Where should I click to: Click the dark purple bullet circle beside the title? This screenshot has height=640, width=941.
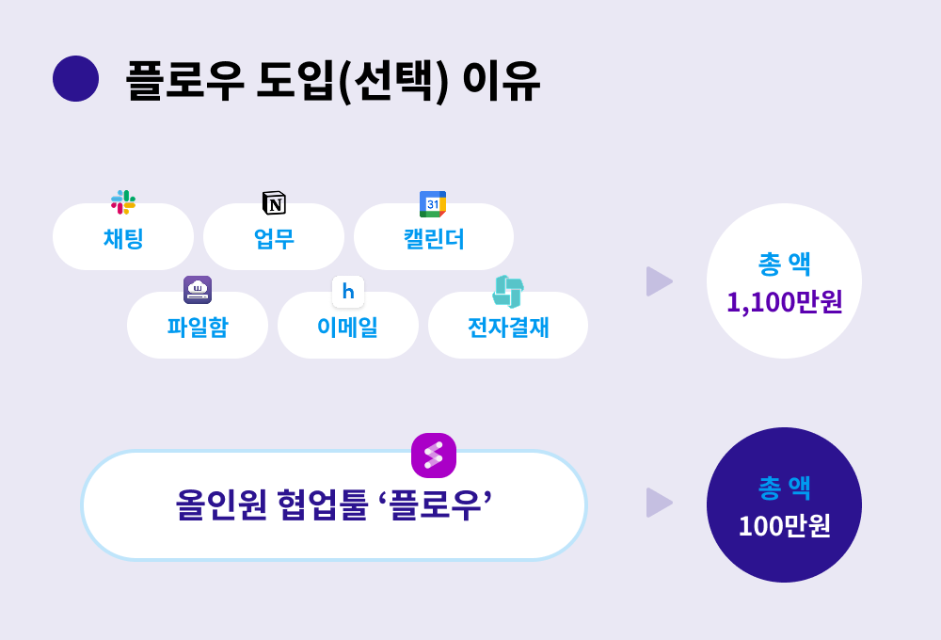(x=75, y=79)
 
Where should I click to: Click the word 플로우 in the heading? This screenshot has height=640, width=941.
(x=184, y=80)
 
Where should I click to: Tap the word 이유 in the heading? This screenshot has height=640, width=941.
(x=502, y=80)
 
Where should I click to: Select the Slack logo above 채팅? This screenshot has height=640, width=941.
(x=123, y=202)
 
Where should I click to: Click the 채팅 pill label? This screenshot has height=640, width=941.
(x=123, y=238)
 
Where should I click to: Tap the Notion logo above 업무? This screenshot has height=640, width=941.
(x=274, y=203)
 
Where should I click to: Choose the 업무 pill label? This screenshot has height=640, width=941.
(x=274, y=238)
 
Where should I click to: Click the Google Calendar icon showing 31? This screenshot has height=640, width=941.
(x=433, y=204)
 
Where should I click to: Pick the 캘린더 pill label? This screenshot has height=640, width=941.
(x=434, y=238)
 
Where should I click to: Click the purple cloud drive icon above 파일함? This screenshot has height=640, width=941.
(x=198, y=290)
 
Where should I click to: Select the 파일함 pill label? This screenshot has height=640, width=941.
(x=198, y=328)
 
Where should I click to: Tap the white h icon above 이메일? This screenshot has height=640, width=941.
(x=348, y=292)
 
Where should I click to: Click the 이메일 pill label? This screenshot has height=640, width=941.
(x=348, y=328)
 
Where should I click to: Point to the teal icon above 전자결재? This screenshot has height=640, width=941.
(x=508, y=292)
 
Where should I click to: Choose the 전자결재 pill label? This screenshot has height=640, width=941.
(x=508, y=328)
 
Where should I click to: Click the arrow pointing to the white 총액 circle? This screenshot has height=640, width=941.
(x=659, y=281)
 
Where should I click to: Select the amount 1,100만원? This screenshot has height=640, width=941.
(x=785, y=302)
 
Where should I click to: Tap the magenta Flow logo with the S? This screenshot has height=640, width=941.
(x=434, y=456)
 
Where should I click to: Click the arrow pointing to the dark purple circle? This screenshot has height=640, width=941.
(x=659, y=503)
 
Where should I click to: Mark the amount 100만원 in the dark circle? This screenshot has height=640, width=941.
(x=785, y=526)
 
